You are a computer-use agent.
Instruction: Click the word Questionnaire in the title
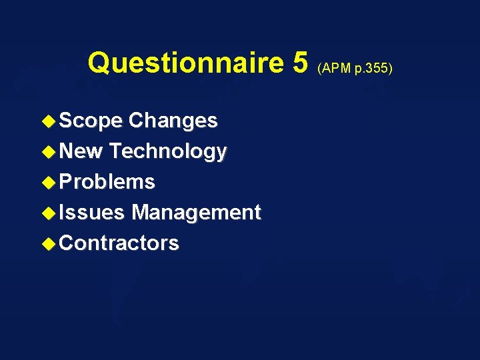coord(187,63)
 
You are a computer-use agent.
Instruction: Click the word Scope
coord(91,121)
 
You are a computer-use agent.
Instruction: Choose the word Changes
coord(173,121)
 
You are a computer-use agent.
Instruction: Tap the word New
coord(81,151)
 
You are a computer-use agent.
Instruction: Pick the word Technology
coord(168,152)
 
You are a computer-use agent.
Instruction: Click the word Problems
coord(107,182)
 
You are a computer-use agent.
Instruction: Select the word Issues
coord(91,213)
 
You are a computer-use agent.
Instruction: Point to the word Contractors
coord(119,243)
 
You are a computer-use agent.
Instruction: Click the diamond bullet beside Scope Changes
coord(49,121)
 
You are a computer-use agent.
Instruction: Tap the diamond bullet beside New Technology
coord(49,152)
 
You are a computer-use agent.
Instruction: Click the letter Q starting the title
coord(99,63)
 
